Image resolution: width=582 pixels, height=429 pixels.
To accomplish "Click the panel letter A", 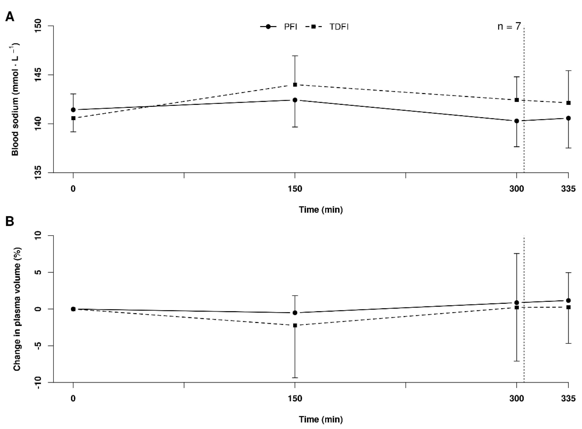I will pyautogui.click(x=10, y=17).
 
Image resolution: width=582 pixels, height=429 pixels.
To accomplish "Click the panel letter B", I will pyautogui.click(x=10, y=221).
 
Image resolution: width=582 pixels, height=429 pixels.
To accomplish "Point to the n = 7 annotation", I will pyautogui.click(x=509, y=26).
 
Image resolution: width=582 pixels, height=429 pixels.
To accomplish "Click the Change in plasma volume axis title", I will pyautogui.click(x=17, y=309).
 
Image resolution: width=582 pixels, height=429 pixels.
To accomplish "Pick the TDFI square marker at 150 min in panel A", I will pyautogui.click(x=295, y=85).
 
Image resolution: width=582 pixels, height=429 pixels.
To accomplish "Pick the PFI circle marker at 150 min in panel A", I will pyautogui.click(x=295, y=100).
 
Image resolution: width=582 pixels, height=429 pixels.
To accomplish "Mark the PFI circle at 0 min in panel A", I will pyautogui.click(x=73, y=110).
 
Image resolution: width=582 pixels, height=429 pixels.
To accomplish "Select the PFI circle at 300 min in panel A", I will pyautogui.click(x=517, y=121).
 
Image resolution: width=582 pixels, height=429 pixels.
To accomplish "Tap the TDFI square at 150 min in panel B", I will pyautogui.click(x=295, y=325).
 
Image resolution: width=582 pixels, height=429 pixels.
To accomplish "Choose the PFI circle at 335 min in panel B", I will pyautogui.click(x=568, y=300).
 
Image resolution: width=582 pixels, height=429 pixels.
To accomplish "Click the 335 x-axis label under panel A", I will pyautogui.click(x=568, y=189).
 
